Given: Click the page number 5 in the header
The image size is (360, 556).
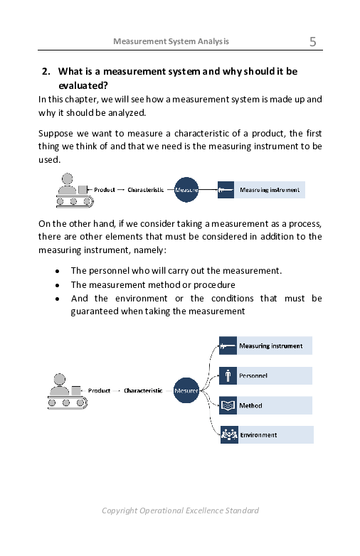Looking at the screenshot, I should [313, 41].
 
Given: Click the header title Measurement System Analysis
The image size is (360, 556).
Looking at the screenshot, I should [171, 41].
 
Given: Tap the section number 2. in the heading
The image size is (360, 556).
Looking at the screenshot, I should [46, 71].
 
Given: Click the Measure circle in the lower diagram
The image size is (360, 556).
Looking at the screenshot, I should [186, 390].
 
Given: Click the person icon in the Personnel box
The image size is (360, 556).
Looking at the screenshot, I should [228, 375].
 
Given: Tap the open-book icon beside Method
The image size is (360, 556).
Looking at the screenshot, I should [228, 405].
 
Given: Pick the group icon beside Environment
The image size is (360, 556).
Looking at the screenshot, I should [228, 434].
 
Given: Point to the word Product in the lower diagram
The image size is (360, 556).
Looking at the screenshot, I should [100, 390].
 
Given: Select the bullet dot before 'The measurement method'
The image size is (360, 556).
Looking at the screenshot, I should [57, 285].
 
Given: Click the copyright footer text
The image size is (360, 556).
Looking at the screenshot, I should [180, 510].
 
